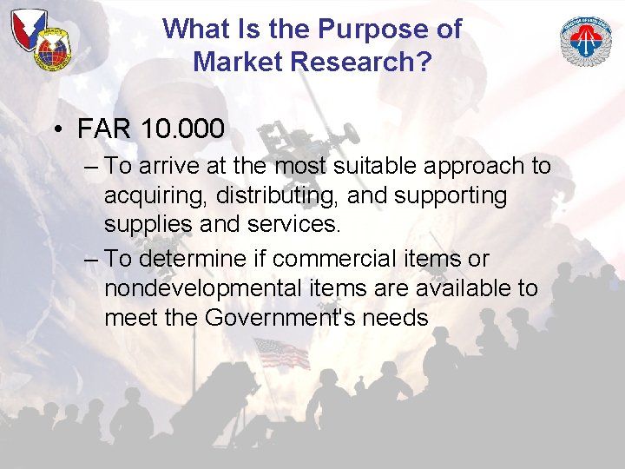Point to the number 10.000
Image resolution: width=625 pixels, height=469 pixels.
click(182, 129)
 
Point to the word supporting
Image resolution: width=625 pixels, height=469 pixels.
click(450, 196)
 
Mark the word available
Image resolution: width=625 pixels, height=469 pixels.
click(464, 288)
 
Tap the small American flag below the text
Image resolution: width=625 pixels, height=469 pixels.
click(280, 353)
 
